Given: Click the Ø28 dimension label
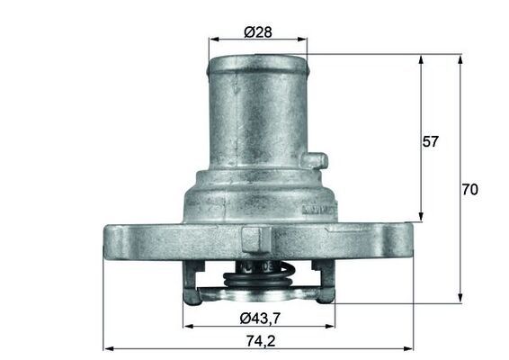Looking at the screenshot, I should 258,32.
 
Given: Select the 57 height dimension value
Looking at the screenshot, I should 431,141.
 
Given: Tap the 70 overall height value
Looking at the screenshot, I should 469,190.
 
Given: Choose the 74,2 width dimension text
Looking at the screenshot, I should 258,340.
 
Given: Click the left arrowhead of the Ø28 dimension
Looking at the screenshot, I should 212,40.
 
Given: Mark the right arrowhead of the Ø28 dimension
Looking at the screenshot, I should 303,40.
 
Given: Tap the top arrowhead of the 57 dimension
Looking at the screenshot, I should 421,58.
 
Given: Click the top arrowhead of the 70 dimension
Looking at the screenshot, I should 460,58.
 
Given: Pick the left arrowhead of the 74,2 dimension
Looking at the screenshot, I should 107,347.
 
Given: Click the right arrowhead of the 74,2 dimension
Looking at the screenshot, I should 409,347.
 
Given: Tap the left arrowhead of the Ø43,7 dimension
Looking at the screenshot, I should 187,326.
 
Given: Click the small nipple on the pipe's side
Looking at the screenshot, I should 314,161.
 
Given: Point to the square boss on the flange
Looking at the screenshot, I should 255,238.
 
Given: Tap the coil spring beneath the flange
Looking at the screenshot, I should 257,274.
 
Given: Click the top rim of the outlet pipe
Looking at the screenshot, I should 257,61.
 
